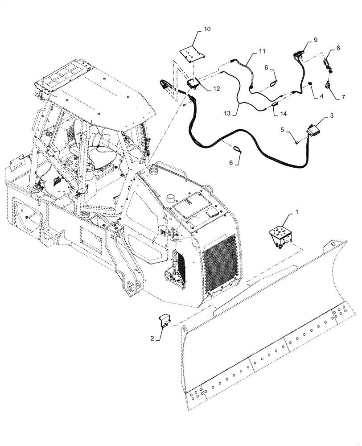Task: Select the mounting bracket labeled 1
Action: point(279,235)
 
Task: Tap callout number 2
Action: point(152,339)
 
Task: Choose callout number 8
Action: point(338,47)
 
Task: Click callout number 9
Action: point(315,40)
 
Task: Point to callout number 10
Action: point(207,29)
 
